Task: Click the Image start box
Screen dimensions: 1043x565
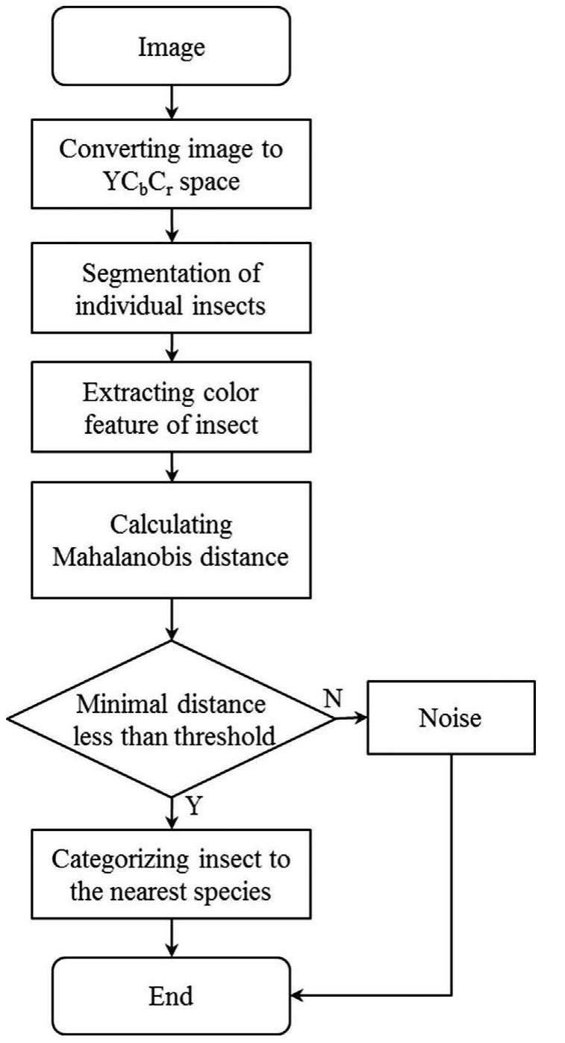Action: (x=171, y=46)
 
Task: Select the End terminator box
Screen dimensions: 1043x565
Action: (x=171, y=995)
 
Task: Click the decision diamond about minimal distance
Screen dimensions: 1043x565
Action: (x=171, y=719)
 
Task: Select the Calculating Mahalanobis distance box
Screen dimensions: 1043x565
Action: (x=171, y=539)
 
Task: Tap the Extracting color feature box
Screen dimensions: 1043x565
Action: (x=171, y=411)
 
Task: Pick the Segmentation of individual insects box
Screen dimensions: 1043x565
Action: (x=171, y=288)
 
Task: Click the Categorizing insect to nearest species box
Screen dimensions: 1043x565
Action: (x=171, y=874)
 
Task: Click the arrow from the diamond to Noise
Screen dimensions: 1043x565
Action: (x=351, y=719)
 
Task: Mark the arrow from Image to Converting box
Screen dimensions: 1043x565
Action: (x=171, y=102)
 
